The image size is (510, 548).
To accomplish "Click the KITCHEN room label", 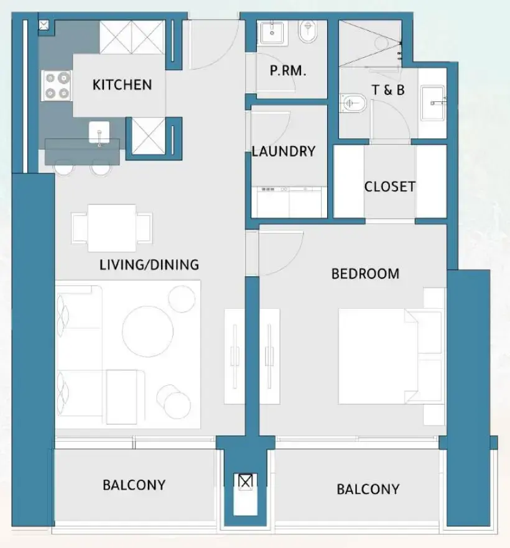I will (x=122, y=84).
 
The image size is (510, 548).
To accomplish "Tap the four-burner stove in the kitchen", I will (x=55, y=86).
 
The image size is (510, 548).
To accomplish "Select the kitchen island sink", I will (x=100, y=132).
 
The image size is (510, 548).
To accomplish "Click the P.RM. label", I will (x=287, y=71).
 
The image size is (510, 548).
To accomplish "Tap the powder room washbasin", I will (x=271, y=32).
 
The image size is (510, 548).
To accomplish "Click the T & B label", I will (x=388, y=90).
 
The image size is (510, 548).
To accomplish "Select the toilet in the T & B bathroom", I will (x=353, y=103).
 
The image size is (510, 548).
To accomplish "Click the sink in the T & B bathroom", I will (x=433, y=103).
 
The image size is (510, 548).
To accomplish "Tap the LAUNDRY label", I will (x=284, y=152).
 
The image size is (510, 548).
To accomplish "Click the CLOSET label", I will (x=390, y=186).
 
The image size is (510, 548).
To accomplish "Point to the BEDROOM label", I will (x=365, y=273).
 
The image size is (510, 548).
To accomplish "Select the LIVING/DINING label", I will (x=149, y=265).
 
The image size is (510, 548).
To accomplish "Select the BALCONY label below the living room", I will (x=134, y=485).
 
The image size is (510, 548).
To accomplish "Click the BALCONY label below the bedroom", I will (x=368, y=490).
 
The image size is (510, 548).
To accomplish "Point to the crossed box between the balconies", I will (x=246, y=482).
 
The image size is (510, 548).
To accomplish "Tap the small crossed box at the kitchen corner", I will (x=45, y=25).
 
